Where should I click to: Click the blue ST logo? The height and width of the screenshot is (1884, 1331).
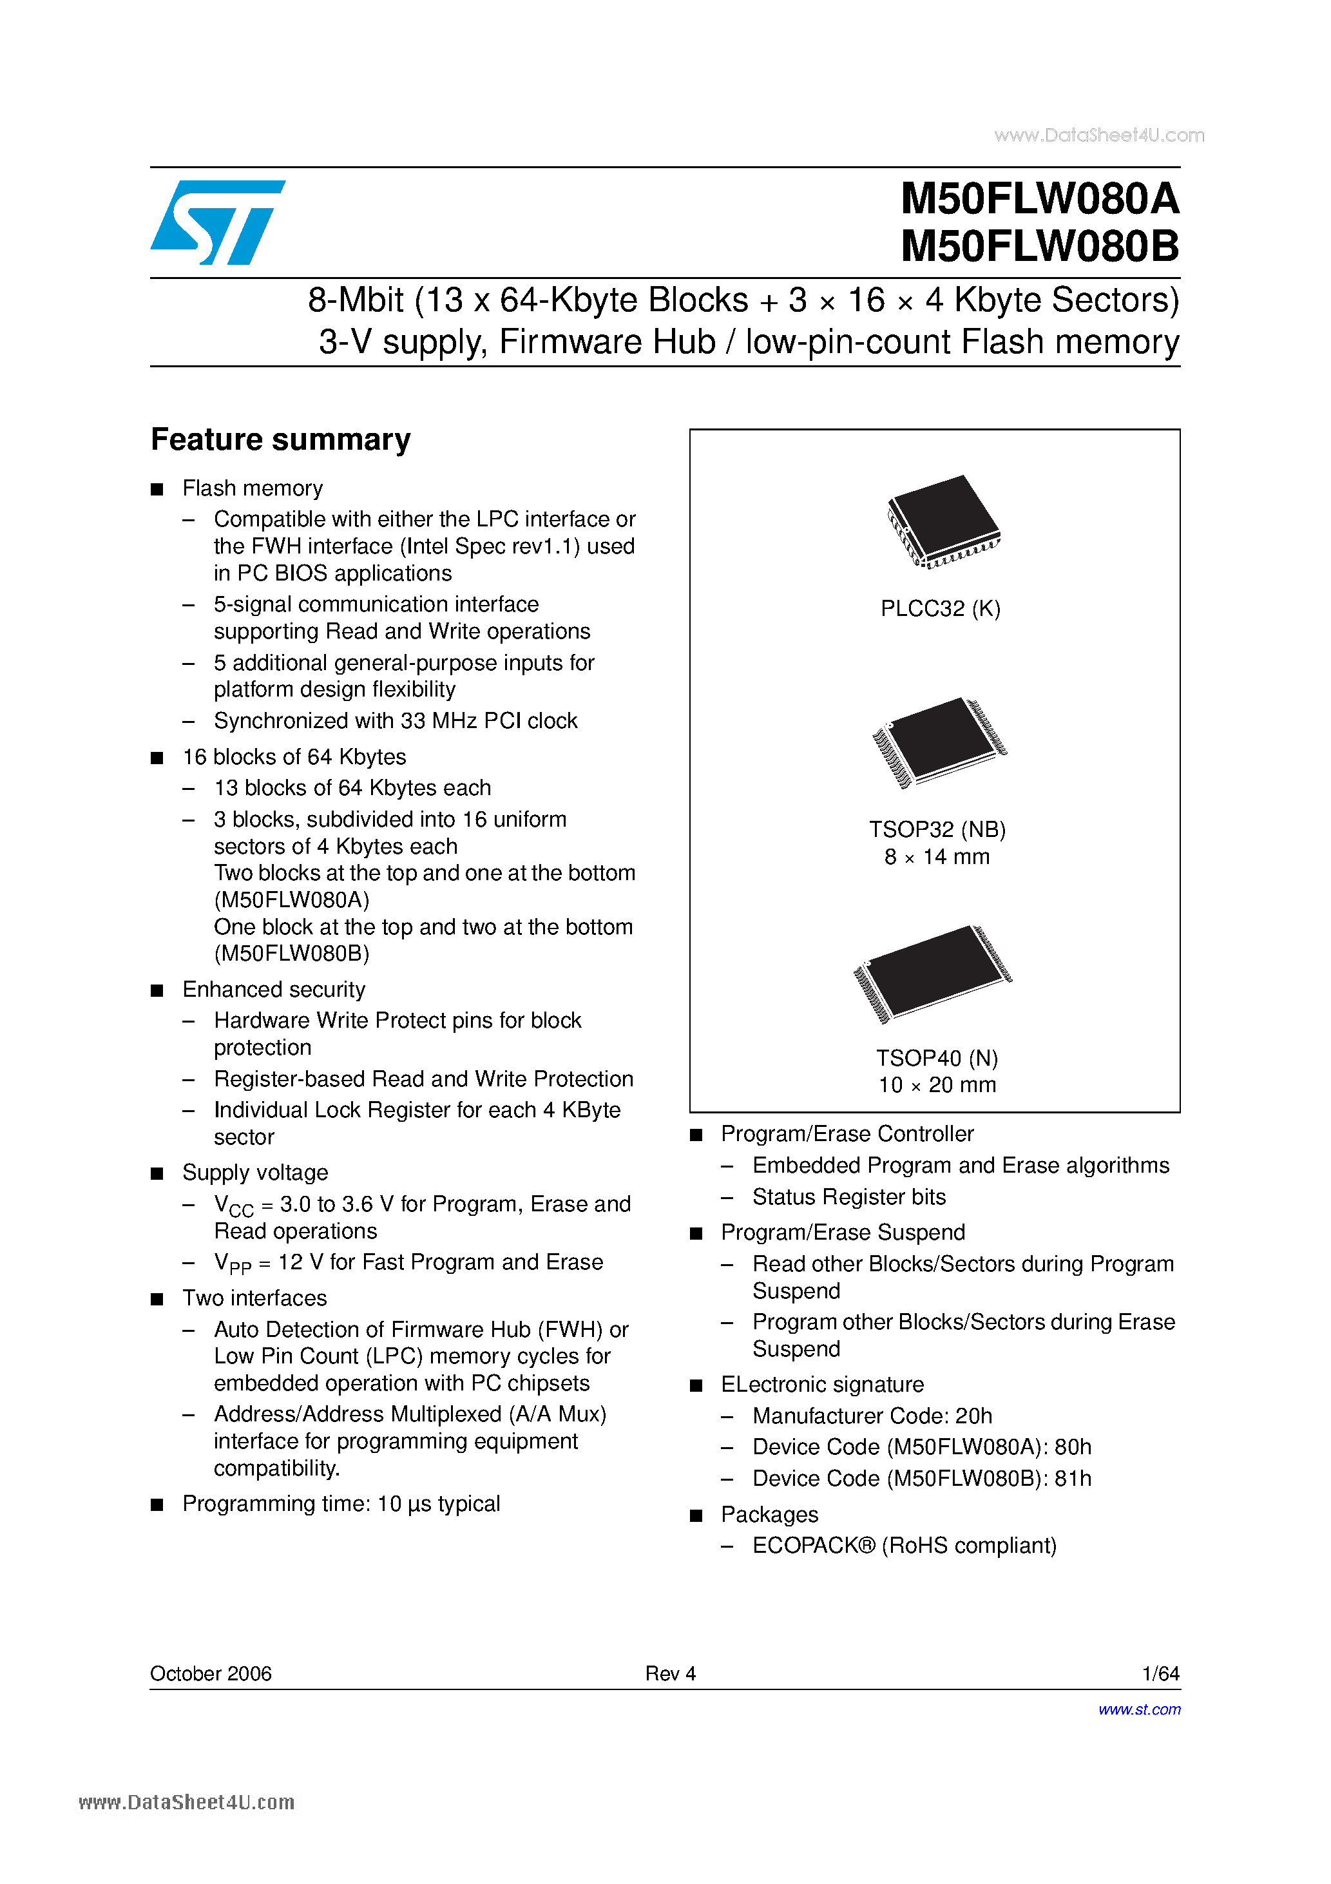[218, 222]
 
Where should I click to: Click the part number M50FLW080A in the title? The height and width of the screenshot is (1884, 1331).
[1039, 198]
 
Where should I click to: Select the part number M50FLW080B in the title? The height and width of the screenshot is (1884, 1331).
[1039, 245]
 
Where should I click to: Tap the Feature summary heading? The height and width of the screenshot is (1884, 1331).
[281, 440]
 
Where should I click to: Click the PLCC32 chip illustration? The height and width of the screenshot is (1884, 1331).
[943, 520]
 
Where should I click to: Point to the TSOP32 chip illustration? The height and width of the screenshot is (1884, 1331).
[939, 741]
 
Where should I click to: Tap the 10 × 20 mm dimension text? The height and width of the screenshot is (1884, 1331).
[937, 1085]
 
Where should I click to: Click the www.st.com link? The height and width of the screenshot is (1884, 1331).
[1139, 1709]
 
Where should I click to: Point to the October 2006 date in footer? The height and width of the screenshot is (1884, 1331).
[211, 1673]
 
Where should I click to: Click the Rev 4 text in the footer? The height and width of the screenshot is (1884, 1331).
[671, 1673]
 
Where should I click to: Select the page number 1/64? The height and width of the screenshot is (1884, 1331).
[1160, 1673]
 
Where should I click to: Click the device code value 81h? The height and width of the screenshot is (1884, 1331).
[1073, 1478]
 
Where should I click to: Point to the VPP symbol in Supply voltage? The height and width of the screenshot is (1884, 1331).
[232, 1263]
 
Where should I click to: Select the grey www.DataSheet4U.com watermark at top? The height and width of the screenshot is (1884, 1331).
[1099, 135]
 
